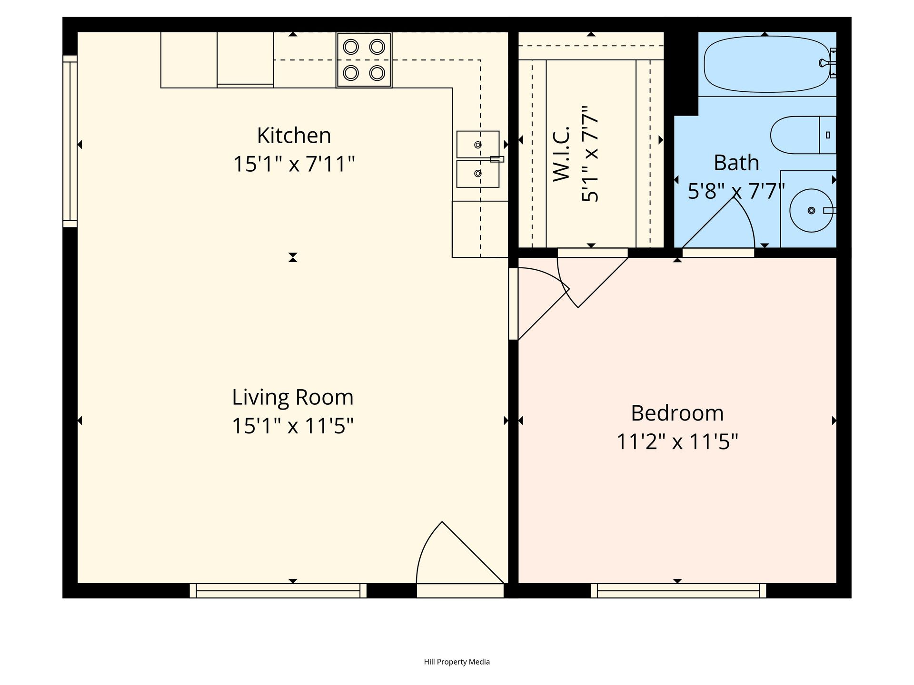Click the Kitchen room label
pos(294,136)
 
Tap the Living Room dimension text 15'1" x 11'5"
pos(293,426)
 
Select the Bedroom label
pos(677,413)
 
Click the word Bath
pos(736,163)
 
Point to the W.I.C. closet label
pos(562,153)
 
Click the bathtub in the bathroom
pos(766,65)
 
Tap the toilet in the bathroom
pos(803,135)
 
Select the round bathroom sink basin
pos(811,210)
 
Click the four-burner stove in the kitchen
pos(364,60)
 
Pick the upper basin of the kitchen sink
pos(477,145)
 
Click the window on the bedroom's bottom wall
pos(678,591)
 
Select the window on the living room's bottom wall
pos(278,591)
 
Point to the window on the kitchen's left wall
pos(70,141)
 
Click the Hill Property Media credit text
pos(457,662)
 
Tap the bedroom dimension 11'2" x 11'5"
pos(677,442)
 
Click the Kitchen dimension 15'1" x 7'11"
pos(294,165)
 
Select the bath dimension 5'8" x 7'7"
pos(736,192)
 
